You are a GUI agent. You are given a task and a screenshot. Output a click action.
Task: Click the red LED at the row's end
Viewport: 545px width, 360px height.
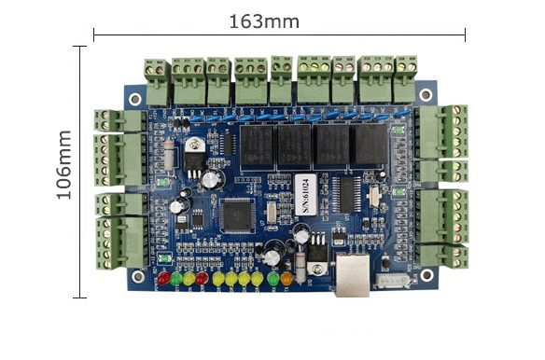click(x=162, y=278)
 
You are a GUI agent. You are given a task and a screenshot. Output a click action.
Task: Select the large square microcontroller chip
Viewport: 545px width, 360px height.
click(x=234, y=215)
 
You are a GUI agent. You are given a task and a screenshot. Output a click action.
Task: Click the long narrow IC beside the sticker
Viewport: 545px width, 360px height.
click(x=346, y=195)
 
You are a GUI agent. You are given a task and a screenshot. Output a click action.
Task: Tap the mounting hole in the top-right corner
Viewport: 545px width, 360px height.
click(x=426, y=95)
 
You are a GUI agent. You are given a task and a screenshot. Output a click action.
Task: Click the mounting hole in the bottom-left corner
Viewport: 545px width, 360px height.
click(x=136, y=275)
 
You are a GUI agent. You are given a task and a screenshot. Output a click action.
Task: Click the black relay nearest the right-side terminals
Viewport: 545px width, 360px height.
click(x=367, y=145)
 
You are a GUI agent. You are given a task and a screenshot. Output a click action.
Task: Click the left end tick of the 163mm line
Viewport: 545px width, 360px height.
click(x=93, y=35)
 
